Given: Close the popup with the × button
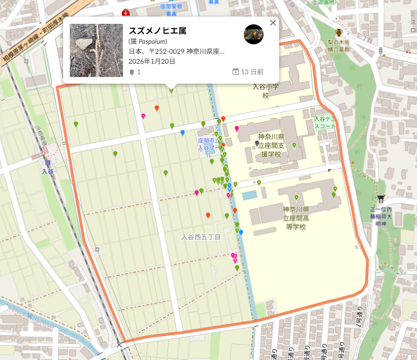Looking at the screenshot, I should click(x=272, y=23).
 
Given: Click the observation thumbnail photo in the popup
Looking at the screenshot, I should click(x=96, y=50).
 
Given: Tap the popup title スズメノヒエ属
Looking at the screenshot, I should click(x=157, y=30).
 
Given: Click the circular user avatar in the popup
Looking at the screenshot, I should click(x=254, y=34).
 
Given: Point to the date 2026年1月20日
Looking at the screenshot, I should click(x=152, y=61).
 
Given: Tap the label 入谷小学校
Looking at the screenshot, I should click(x=265, y=91).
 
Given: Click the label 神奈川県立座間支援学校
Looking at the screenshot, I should click(x=271, y=145).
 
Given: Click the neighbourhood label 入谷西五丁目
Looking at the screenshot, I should click(x=201, y=237).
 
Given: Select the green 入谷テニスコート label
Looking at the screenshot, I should click(x=325, y=122).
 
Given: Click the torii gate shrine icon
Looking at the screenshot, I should click(x=381, y=199).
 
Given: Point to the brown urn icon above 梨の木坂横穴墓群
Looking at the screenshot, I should click(x=339, y=33).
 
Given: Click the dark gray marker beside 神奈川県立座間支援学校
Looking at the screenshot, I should click(x=256, y=143).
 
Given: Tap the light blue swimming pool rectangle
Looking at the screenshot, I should click(x=249, y=195).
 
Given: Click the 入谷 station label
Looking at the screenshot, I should click(x=48, y=172).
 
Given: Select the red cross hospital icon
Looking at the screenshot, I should click(x=126, y=12).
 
